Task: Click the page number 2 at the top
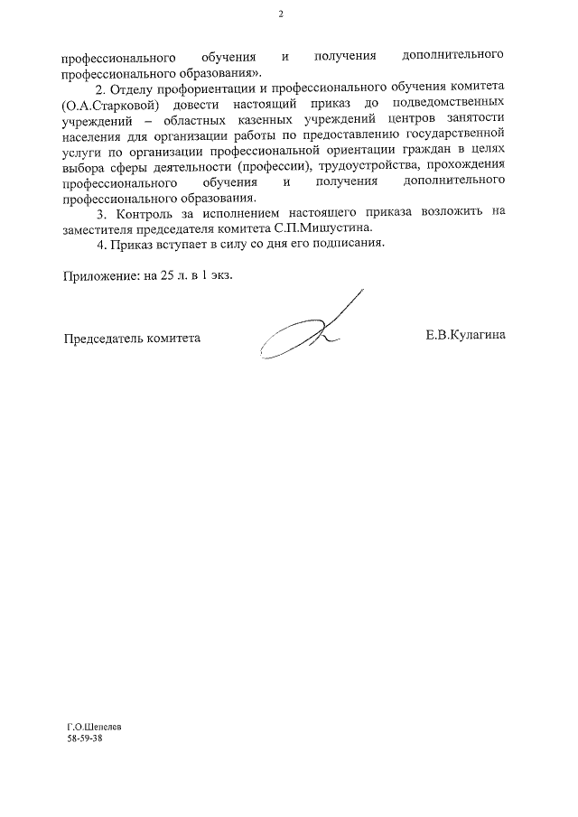coord(281,14)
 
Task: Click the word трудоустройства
coord(359,169)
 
